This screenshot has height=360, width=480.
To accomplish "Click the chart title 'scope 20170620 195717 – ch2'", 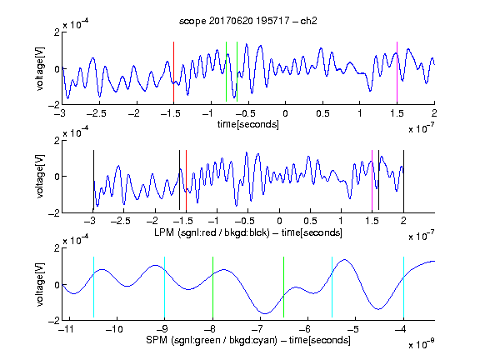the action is [248, 21].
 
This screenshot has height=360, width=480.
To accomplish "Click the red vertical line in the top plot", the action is [173, 72].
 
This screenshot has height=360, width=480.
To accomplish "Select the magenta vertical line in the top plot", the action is [397, 72].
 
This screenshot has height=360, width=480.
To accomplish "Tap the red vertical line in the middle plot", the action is [186, 181].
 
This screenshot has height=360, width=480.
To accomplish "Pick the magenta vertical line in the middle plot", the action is [372, 181].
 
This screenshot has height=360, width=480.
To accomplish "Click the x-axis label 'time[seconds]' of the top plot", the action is [248, 124].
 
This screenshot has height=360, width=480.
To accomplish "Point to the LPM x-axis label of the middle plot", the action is [248, 232].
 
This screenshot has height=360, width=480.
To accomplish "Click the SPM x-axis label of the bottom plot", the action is [248, 340].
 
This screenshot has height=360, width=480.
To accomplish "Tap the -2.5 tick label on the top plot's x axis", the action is [97, 113].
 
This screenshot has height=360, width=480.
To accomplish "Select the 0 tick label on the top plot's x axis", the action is [285, 113].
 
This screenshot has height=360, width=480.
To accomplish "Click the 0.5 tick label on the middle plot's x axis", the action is [310, 221].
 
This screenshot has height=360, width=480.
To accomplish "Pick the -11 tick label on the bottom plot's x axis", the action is [67, 329].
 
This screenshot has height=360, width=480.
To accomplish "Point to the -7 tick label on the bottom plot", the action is [257, 329].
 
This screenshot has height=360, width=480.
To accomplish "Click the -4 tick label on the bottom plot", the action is [401, 329].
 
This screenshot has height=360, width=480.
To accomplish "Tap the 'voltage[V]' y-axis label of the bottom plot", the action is [40, 284].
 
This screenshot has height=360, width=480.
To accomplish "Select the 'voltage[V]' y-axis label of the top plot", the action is [40, 68].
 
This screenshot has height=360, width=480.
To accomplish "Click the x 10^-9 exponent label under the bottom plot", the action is [421, 343].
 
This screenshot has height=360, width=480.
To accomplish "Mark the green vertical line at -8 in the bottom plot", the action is [212, 287].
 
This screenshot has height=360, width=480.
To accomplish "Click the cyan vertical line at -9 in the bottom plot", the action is [165, 287].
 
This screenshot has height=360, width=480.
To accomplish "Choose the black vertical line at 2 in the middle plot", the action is [404, 181].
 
